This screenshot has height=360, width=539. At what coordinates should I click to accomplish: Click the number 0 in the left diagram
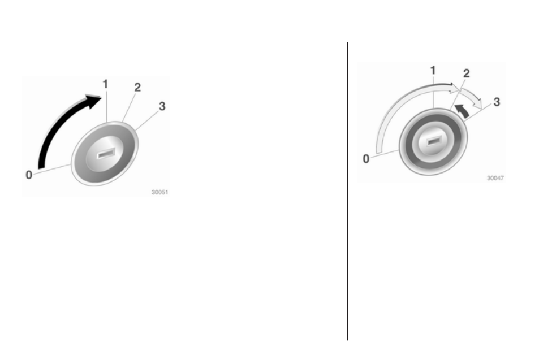(x=29, y=175)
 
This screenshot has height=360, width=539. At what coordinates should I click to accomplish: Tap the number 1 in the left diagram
(x=105, y=84)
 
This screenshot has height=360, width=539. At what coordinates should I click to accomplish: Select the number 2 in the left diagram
(x=137, y=87)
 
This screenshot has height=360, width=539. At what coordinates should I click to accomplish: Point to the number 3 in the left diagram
(x=162, y=106)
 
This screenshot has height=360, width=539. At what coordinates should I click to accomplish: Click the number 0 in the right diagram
(x=366, y=159)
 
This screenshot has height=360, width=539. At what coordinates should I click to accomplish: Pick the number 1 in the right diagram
(x=433, y=71)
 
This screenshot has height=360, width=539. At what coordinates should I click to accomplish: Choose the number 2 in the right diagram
(x=467, y=73)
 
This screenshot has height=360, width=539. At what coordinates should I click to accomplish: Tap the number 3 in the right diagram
(x=497, y=102)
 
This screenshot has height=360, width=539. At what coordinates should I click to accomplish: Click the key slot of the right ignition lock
(x=434, y=140)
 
